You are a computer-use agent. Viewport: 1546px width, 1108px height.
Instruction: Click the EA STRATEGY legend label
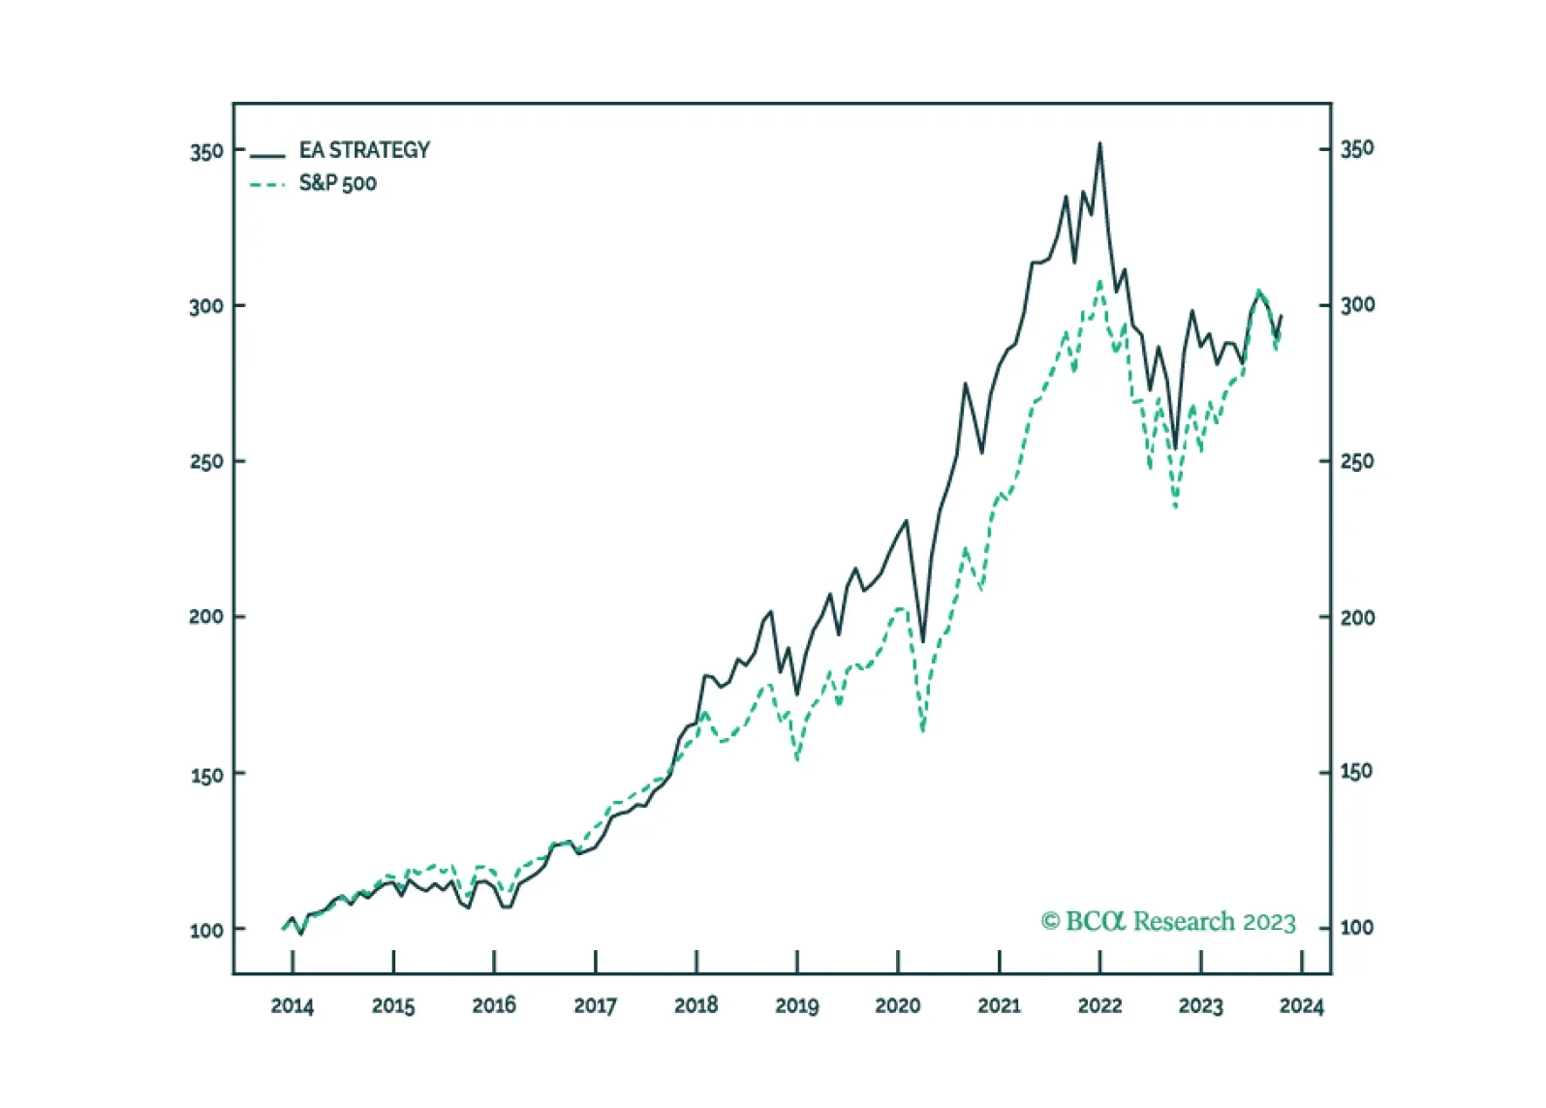[x=364, y=150]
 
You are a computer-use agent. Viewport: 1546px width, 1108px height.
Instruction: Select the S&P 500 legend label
[x=337, y=183]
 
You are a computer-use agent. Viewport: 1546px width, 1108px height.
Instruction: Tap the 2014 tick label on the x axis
[x=292, y=1006]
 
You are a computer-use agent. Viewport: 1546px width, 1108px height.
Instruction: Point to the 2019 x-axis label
[x=796, y=1006]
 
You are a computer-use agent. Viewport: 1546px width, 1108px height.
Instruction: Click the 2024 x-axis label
[x=1301, y=1006]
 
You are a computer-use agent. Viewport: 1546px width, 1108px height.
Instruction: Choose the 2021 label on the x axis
[x=999, y=1006]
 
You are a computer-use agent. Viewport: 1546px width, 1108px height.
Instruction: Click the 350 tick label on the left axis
[x=206, y=152]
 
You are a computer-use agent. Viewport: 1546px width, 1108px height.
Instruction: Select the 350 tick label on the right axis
[x=1357, y=148]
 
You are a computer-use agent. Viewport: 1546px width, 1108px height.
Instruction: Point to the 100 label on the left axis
[x=206, y=930]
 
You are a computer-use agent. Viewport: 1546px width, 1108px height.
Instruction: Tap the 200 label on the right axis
[x=1357, y=618]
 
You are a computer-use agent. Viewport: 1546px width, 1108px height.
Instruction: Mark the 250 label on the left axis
[x=206, y=462]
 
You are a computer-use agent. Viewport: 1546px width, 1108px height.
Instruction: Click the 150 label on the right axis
[x=1357, y=772]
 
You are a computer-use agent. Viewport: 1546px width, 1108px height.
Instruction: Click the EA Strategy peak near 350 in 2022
[x=1099, y=143]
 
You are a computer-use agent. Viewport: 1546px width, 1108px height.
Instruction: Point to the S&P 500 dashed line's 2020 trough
[x=923, y=730]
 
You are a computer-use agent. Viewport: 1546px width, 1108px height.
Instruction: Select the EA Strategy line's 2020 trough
[x=923, y=642]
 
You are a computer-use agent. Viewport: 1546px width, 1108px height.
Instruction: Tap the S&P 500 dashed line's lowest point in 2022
[x=1175, y=508]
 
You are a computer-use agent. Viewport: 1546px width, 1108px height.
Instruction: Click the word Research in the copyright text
[x=1184, y=922]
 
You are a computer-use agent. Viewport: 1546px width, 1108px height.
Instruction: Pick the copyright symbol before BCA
[x=1050, y=922]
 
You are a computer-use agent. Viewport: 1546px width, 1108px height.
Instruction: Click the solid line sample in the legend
[x=267, y=156]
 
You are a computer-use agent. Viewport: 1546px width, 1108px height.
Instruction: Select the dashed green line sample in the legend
[x=267, y=185]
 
